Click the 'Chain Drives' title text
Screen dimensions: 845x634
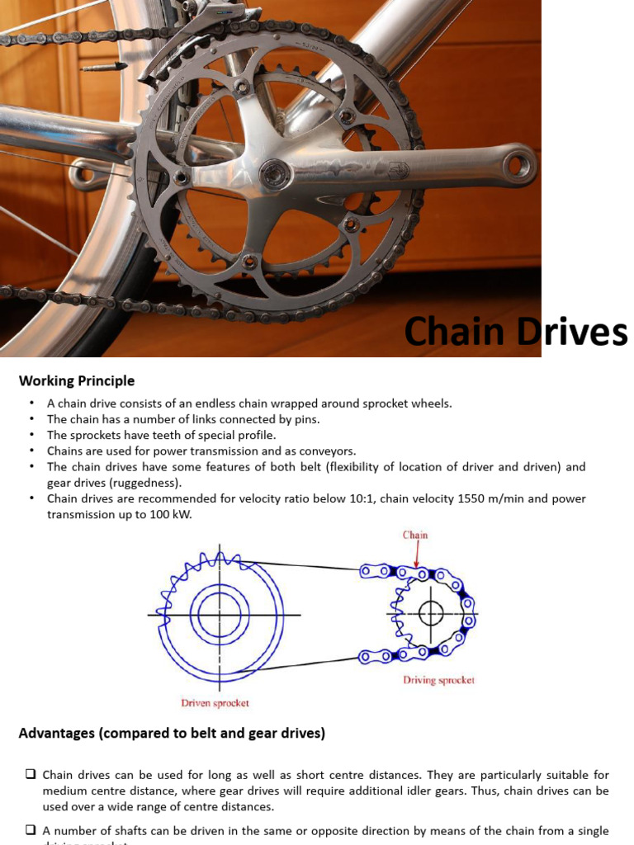coord(516,332)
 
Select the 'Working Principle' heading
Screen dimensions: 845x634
coord(77,380)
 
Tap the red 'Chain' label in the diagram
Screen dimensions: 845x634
coord(415,535)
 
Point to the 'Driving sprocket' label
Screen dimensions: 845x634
coord(438,681)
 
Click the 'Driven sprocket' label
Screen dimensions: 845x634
coord(215,703)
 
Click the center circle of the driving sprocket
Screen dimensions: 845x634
coord(431,612)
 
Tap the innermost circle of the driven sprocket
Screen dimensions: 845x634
coord(220,615)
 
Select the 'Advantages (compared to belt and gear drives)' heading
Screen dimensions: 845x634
coord(172,733)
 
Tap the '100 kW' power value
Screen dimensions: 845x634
coord(186,513)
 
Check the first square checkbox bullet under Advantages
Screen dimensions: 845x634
coord(30,775)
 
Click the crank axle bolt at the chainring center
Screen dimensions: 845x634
coord(273,175)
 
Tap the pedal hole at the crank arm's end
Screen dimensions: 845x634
coord(518,165)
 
